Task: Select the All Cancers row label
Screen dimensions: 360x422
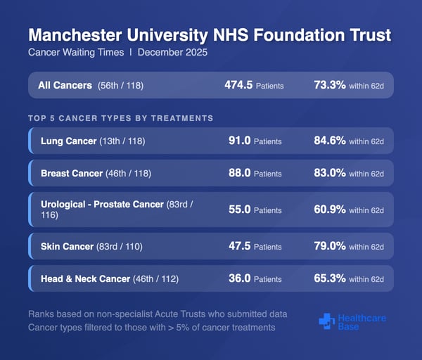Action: tap(65, 85)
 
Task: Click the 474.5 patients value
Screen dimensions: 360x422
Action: tap(238, 85)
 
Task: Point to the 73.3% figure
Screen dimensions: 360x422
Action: tap(329, 85)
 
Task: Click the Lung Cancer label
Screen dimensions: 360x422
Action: tap(69, 141)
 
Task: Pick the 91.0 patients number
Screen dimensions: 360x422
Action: tap(240, 141)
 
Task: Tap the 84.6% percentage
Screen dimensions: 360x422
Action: tap(329, 141)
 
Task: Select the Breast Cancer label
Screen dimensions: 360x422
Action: tap(73, 173)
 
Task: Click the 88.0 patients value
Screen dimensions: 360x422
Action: tap(240, 173)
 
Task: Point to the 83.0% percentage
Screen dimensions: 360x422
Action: tap(329, 173)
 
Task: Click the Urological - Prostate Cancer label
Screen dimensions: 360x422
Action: tap(102, 204)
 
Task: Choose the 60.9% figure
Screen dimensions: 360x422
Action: tap(329, 210)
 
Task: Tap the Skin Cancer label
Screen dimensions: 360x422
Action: tap(68, 246)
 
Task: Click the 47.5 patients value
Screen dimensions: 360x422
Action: tap(240, 246)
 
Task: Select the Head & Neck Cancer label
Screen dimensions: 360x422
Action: tap(86, 278)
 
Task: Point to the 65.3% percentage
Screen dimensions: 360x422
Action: tap(329, 278)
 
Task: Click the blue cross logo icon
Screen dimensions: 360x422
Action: tap(326, 321)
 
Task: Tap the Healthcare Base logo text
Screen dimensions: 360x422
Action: tap(362, 323)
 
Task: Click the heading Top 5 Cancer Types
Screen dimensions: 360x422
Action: tap(120, 118)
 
